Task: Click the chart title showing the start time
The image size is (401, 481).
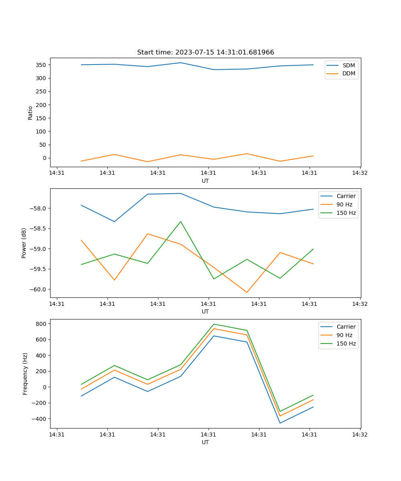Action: (205, 53)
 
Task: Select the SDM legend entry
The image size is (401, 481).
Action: (348, 65)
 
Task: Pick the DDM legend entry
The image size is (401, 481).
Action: (348, 74)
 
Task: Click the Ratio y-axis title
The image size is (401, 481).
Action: (30, 113)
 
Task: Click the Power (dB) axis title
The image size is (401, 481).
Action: (24, 243)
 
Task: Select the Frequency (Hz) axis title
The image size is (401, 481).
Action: (25, 374)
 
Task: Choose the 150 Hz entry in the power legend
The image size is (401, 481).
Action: (346, 213)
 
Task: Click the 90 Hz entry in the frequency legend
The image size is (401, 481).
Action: (344, 335)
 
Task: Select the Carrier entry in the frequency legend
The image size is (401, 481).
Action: (346, 327)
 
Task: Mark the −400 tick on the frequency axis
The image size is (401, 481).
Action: (40, 419)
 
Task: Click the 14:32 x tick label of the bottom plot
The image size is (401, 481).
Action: (360, 435)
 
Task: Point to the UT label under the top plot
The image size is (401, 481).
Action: (205, 181)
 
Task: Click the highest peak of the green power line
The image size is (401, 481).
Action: (180, 221)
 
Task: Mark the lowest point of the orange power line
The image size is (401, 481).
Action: (247, 292)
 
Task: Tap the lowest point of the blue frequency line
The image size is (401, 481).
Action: (280, 423)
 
